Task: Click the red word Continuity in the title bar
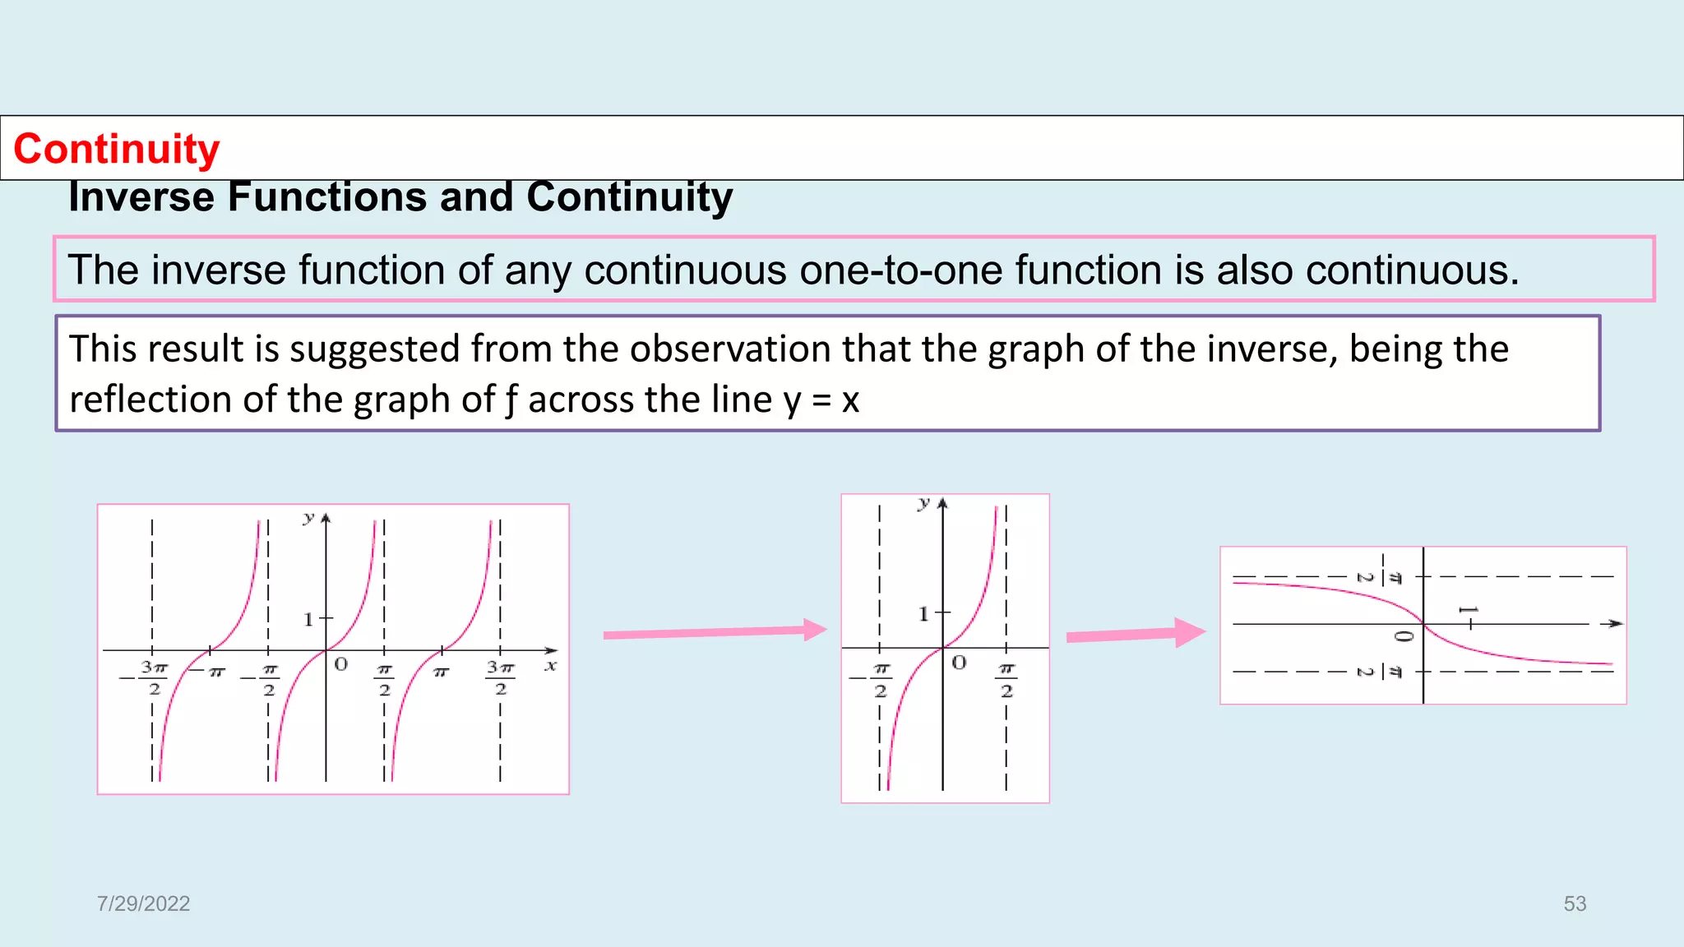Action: (117, 149)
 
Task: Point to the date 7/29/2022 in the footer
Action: (143, 903)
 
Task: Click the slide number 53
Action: (1575, 903)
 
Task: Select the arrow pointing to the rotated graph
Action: (1135, 634)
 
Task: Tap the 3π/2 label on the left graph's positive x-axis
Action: (500, 677)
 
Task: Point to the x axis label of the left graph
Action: (550, 666)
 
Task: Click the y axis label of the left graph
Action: (308, 518)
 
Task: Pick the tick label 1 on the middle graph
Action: (923, 613)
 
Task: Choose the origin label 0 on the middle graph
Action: (959, 663)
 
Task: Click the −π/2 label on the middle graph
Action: (876, 680)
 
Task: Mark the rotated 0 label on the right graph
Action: (1404, 636)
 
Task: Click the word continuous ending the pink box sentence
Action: (1410, 270)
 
